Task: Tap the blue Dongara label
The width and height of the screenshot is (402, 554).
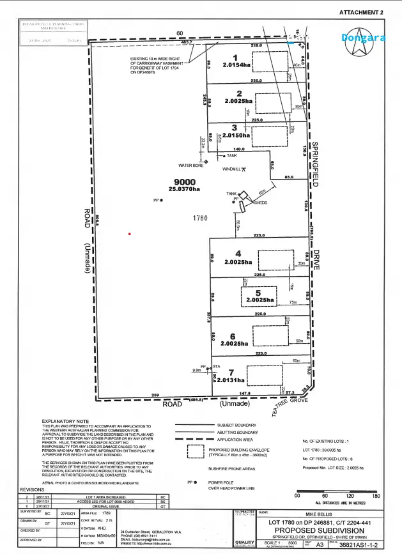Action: [x=363, y=38]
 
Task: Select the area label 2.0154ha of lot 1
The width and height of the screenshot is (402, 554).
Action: [x=236, y=65]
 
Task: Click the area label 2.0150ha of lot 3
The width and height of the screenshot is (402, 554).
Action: [x=236, y=136]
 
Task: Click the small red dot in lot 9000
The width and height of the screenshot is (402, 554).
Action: [x=130, y=234]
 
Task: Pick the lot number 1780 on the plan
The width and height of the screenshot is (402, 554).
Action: [x=201, y=219]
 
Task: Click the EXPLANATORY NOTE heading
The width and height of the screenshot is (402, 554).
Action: [x=65, y=422]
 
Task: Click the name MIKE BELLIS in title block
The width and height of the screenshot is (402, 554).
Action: [x=318, y=512]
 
